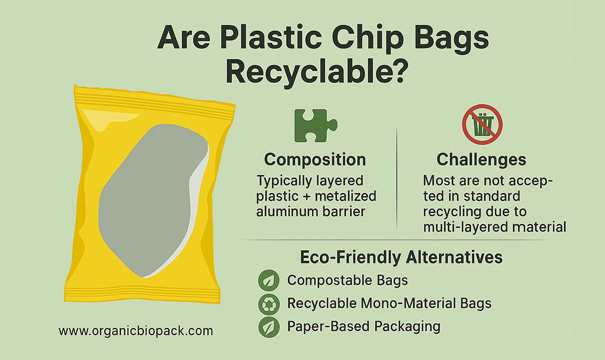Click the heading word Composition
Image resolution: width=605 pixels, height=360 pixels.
[315, 160]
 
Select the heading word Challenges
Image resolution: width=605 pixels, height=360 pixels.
[481, 160]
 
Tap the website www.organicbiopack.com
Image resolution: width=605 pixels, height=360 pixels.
[136, 331]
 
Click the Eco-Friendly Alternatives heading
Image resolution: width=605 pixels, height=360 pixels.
[401, 257]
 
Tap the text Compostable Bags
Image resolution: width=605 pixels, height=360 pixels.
[347, 281]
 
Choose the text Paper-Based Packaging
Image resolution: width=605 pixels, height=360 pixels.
[363, 327]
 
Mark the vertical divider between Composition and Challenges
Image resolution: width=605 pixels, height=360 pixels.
[396, 175]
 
